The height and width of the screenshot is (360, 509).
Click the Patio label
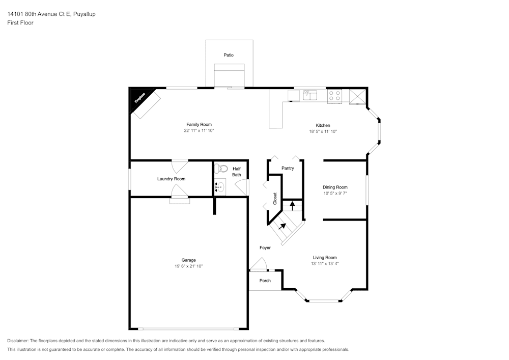click(229, 55)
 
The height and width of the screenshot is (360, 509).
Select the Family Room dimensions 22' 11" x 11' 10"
click(199, 130)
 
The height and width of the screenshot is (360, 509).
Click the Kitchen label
click(323, 125)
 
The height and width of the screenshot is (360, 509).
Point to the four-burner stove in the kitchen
click(334, 96)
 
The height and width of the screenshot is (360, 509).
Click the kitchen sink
click(310, 95)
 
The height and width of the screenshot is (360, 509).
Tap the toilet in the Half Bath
click(221, 169)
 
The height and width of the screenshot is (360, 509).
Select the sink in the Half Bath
click(220, 187)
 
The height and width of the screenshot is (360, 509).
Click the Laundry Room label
click(172, 179)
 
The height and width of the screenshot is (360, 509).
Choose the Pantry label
click(288, 168)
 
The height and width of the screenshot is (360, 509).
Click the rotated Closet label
click(275, 199)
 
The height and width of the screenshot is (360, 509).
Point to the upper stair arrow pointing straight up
click(292, 206)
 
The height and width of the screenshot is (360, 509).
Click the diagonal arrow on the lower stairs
click(282, 226)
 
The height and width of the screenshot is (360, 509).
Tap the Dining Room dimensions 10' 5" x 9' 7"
click(335, 193)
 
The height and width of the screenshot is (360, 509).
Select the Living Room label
click(325, 258)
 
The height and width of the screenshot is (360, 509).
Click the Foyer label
click(265, 247)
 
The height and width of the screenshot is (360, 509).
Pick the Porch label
click(265, 281)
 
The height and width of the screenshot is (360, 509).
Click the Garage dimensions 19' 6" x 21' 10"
click(189, 266)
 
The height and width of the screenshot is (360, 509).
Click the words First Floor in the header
click(20, 23)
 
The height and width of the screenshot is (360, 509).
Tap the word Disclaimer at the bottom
click(18, 341)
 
